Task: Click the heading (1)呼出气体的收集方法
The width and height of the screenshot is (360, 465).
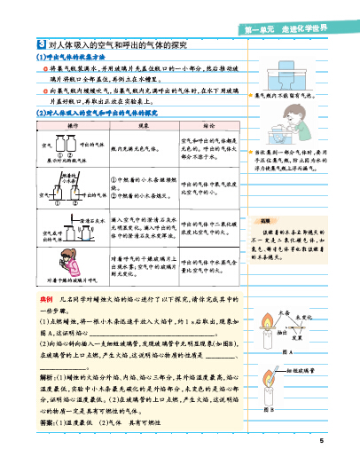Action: pyautogui.click(x=76, y=58)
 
